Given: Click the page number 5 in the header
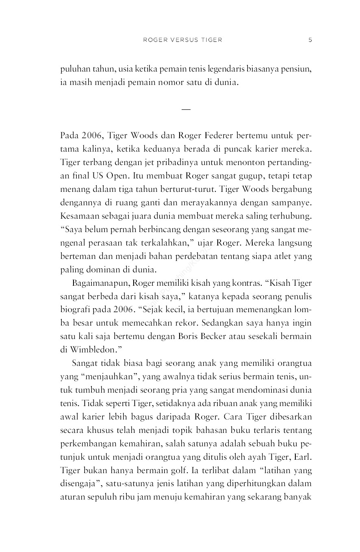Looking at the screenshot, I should [x=310, y=40].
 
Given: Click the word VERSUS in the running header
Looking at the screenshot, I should [x=182, y=40].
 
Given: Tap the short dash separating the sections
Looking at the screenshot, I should [x=186, y=109].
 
